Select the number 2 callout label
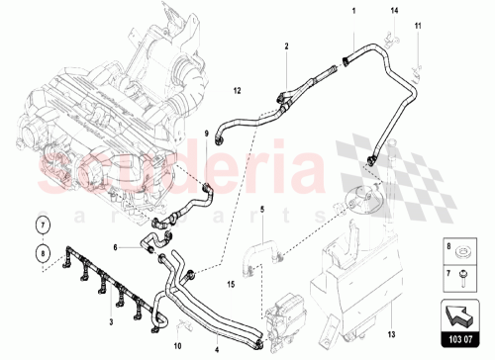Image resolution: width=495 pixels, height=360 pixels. click(x=285, y=46)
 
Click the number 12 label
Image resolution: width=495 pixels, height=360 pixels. click(x=238, y=91)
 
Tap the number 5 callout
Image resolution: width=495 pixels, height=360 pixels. click(x=262, y=209)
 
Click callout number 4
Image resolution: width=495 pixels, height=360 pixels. click(x=218, y=349)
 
